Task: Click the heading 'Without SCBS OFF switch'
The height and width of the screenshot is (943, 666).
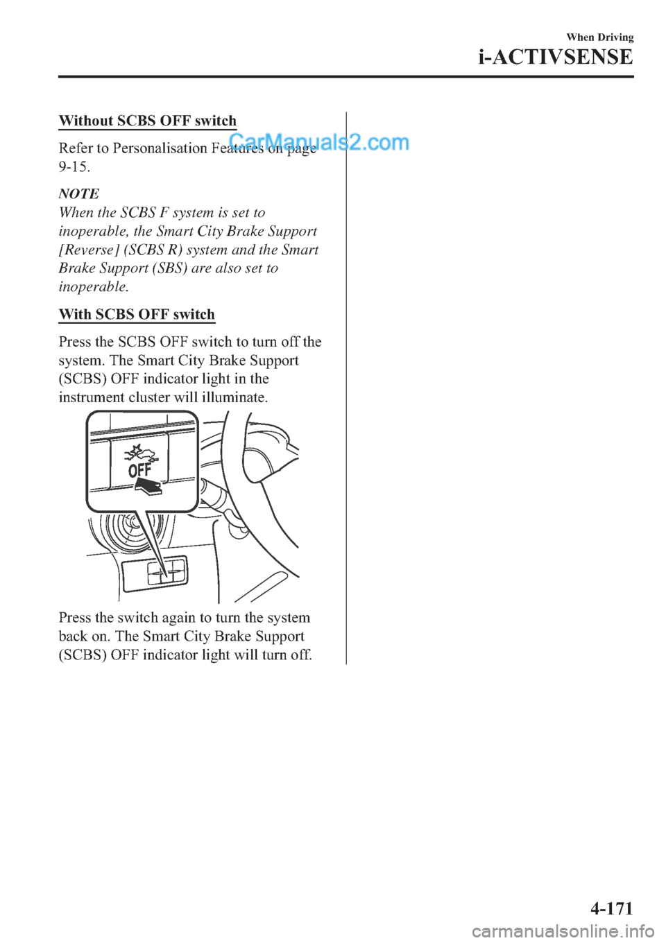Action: [x=147, y=121]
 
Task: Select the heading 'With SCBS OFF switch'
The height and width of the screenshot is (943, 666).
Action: [x=137, y=314]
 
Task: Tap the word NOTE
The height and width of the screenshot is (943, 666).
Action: [x=78, y=193]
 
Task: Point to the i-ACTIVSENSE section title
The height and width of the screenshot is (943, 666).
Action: [x=555, y=57]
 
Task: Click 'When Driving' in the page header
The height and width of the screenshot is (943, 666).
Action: [x=599, y=37]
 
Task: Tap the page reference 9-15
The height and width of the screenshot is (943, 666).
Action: [x=73, y=166]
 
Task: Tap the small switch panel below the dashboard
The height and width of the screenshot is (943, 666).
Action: [x=154, y=572]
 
